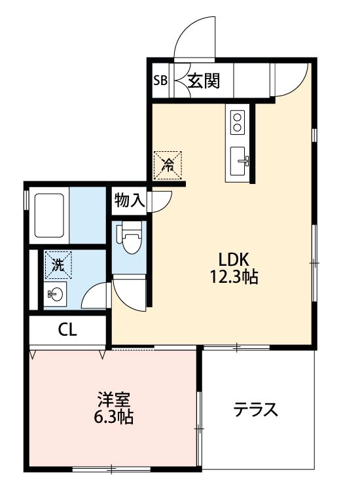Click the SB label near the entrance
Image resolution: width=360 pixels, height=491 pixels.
click(x=160, y=81)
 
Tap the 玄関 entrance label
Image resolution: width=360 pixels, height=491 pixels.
click(x=204, y=81)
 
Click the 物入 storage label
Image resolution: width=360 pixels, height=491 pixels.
click(x=129, y=200)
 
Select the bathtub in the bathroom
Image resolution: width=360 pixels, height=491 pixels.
click(x=50, y=215)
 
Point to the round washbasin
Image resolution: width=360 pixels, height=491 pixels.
click(x=56, y=294)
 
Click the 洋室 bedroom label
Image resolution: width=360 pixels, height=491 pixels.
click(x=113, y=399)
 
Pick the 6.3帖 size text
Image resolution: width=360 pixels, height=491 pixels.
click(x=113, y=417)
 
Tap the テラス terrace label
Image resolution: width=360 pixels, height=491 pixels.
click(x=256, y=410)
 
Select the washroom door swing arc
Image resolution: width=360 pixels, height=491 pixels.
click(x=96, y=294)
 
